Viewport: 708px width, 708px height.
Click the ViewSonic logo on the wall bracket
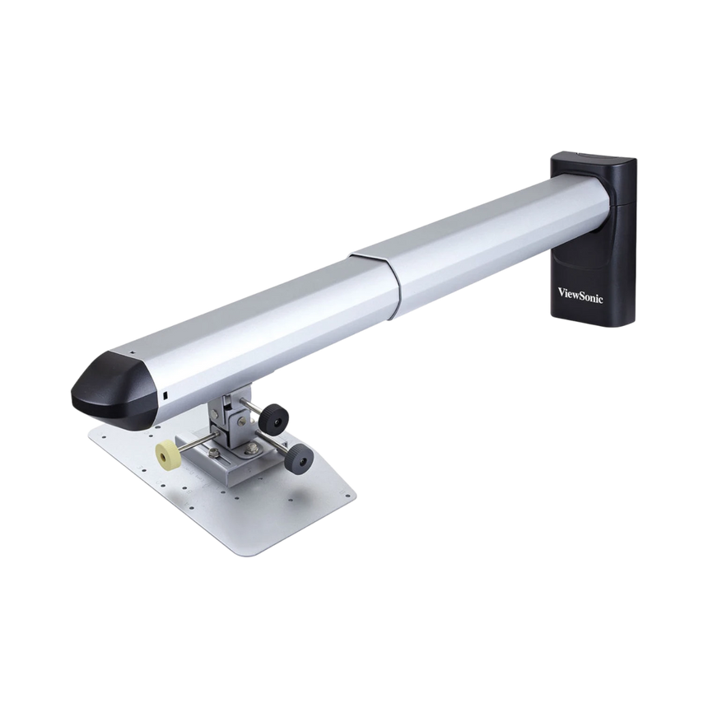pyautogui.click(x=580, y=292)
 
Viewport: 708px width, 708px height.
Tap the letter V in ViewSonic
pyautogui.click(x=562, y=291)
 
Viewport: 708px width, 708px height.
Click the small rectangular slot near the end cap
pyautogui.click(x=164, y=395)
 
